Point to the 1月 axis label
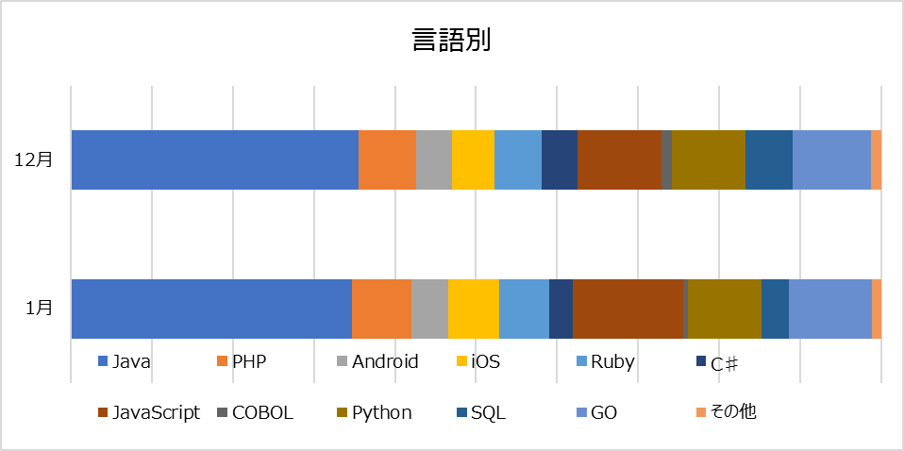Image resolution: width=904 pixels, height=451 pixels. tap(39, 308)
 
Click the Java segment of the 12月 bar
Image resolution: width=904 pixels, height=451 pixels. tap(214, 159)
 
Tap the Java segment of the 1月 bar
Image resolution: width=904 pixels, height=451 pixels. tap(211, 308)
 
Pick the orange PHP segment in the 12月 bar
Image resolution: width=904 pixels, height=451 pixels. tap(387, 159)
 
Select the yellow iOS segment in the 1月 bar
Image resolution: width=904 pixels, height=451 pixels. tap(474, 308)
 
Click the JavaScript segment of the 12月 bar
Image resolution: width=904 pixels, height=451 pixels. tap(619, 159)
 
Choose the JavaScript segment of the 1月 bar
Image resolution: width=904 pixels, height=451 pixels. tap(627, 308)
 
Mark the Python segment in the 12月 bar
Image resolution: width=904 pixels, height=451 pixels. tap(708, 159)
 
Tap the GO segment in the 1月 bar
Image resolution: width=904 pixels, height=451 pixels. tap(829, 308)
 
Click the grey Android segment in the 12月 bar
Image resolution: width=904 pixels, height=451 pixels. tap(434, 159)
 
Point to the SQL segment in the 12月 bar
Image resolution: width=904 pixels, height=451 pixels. tap(768, 159)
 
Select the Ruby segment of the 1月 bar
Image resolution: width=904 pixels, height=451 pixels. tap(524, 308)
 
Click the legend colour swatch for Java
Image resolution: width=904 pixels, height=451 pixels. tap(103, 361)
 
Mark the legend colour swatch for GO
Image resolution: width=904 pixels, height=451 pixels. tap(582, 412)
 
